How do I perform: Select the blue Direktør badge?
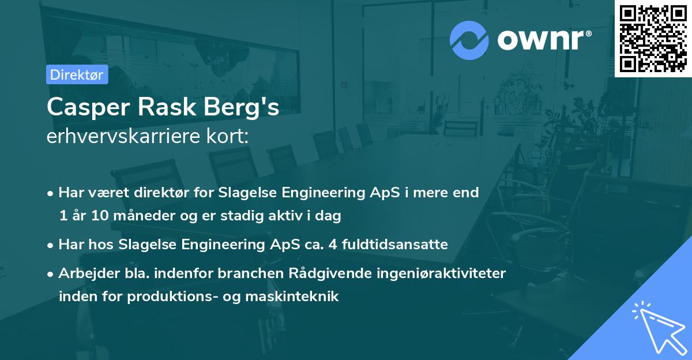coord(77,74)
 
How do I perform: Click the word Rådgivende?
coord(324,273)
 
